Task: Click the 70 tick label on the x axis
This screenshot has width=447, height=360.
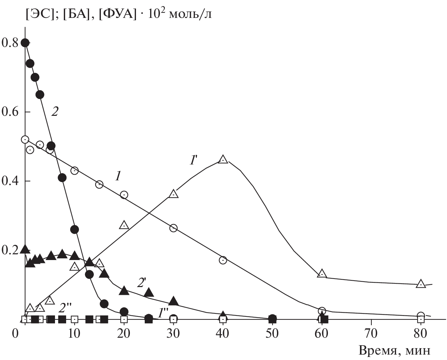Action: [371, 333]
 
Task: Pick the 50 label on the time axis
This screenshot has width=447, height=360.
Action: [272, 333]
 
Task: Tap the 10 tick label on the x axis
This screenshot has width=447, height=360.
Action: [74, 333]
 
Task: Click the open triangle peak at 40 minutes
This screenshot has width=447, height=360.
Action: [223, 159]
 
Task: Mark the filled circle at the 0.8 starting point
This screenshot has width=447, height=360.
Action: [25, 43]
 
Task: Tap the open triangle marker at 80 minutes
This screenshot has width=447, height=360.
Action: [421, 284]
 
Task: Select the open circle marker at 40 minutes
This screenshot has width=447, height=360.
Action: [223, 260]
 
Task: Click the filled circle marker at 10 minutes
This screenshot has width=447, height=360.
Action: [75, 230]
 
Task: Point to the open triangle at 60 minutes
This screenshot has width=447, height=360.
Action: [322, 274]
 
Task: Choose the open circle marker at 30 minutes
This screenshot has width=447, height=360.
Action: [173, 228]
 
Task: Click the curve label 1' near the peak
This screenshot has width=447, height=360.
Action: [193, 160]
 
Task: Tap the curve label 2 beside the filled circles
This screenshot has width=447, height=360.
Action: [55, 111]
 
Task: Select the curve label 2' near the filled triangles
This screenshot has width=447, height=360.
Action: [141, 283]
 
